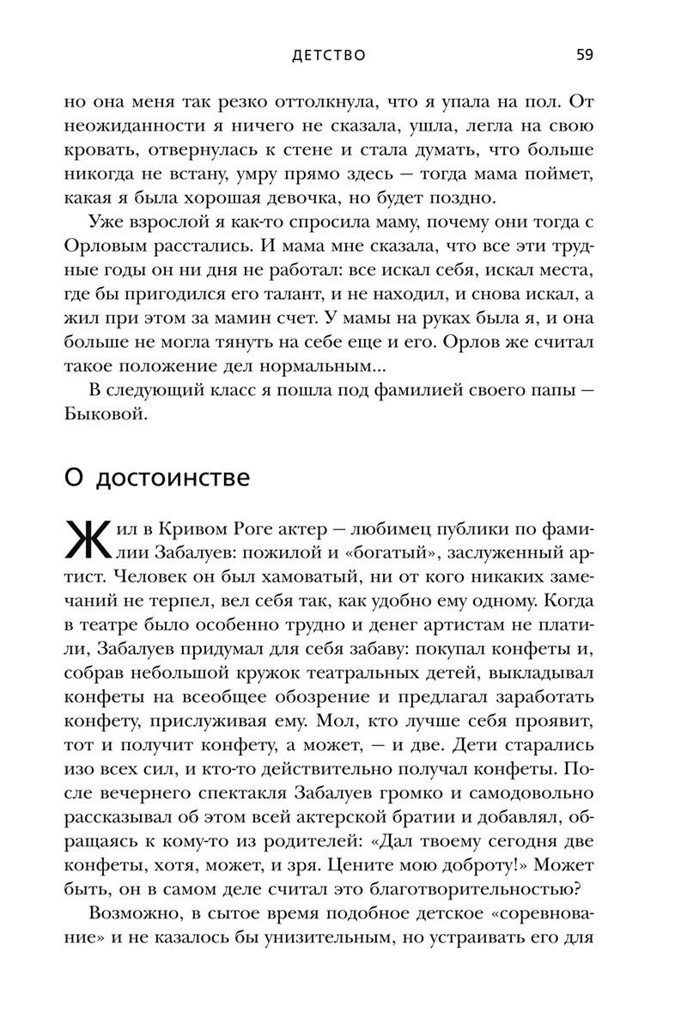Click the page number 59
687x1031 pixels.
pos(584,55)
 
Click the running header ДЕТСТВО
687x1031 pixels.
pos(329,56)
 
